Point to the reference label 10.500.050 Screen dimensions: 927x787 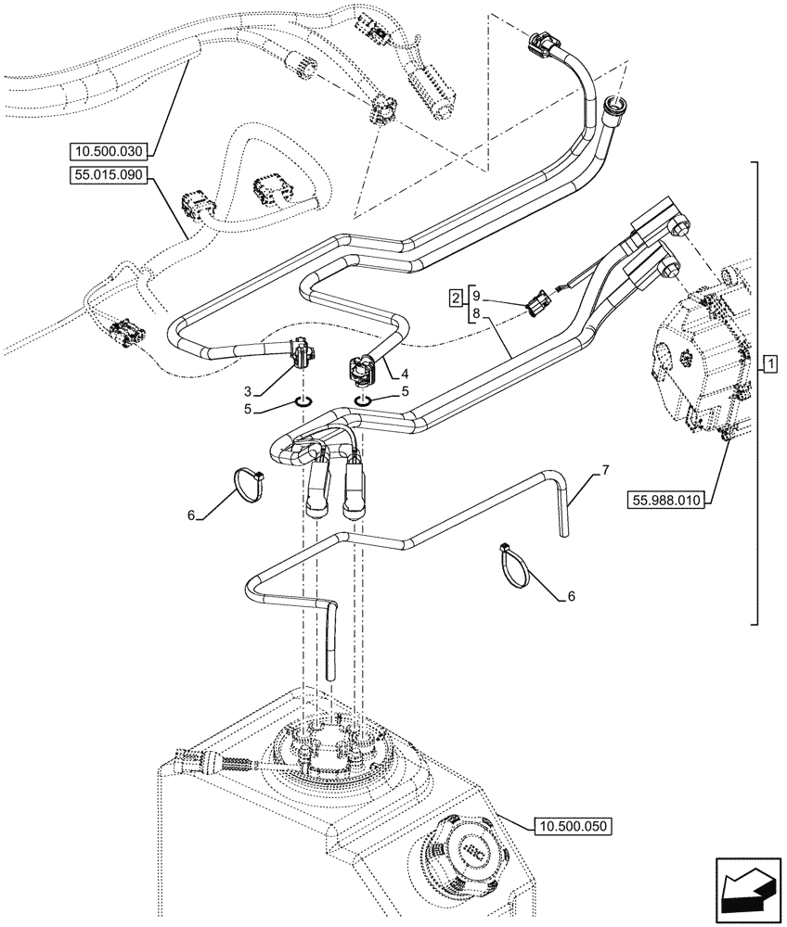click(x=574, y=823)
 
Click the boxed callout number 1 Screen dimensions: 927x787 click(x=769, y=363)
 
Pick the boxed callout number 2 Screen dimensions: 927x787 click(x=456, y=298)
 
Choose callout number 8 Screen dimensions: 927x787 click(x=476, y=314)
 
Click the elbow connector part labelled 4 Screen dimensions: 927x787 click(x=365, y=368)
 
